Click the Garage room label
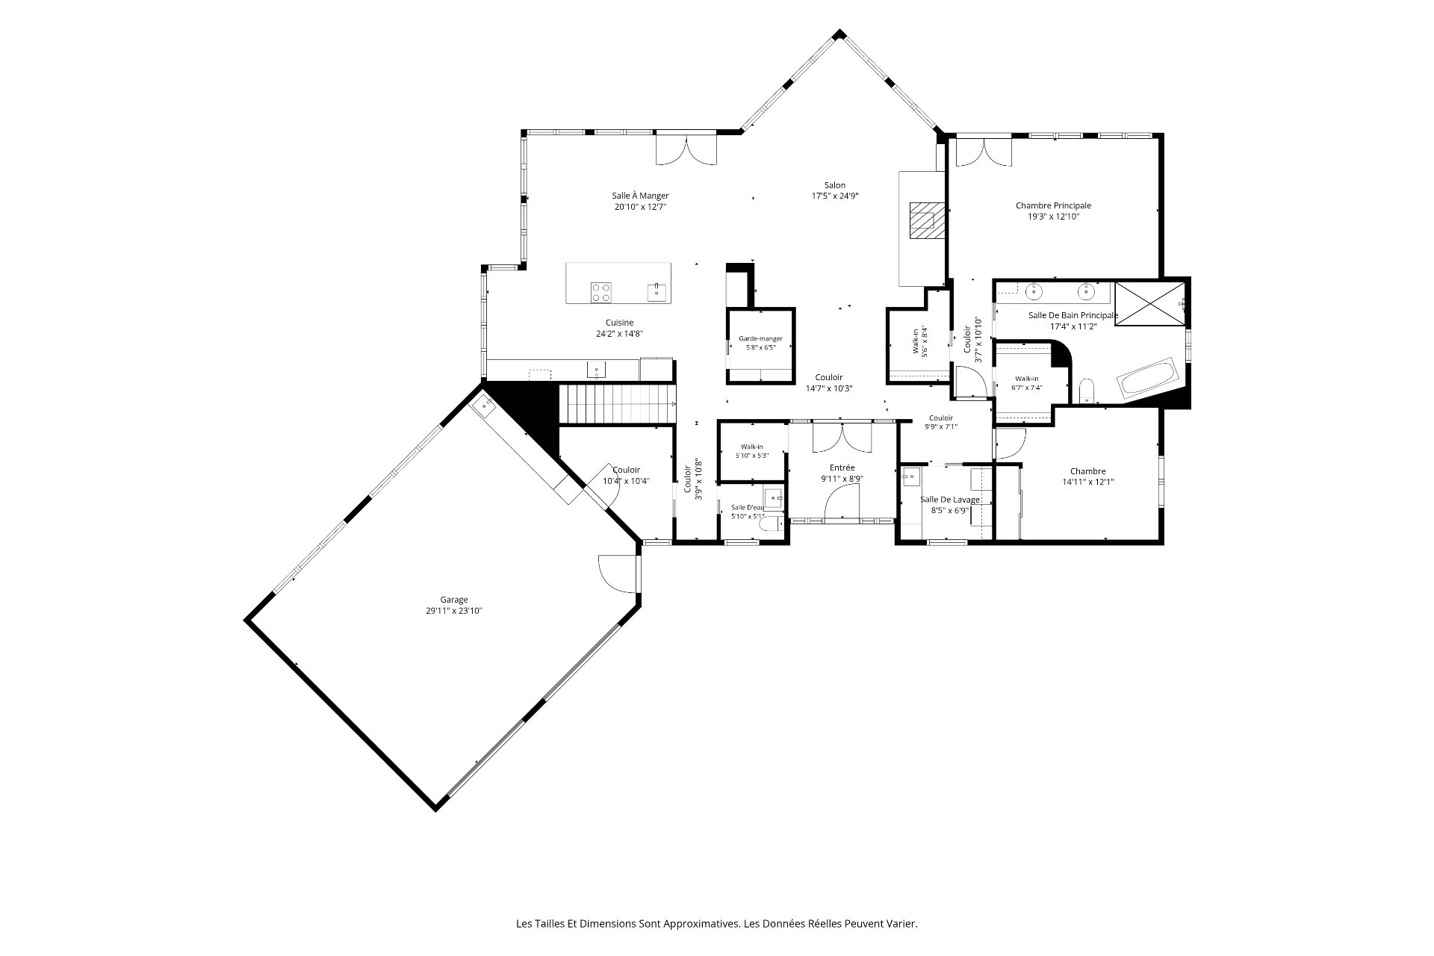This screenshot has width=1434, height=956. pyautogui.click(x=453, y=600)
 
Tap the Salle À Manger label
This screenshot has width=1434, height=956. pyautogui.click(x=640, y=196)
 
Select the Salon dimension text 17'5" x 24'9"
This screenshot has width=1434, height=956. pyautogui.click(x=835, y=196)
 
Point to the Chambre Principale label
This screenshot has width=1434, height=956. pyautogui.click(x=1053, y=205)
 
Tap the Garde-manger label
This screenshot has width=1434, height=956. pyautogui.click(x=760, y=338)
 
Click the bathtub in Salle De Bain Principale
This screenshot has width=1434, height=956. pyautogui.click(x=1147, y=379)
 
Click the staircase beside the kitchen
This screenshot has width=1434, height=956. pyautogui.click(x=618, y=403)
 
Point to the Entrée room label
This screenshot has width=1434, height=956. pyautogui.click(x=842, y=468)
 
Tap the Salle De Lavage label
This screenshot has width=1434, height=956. pyautogui.click(x=949, y=500)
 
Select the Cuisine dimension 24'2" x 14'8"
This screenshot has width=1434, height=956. pyautogui.click(x=619, y=334)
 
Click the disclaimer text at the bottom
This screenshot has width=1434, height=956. pyautogui.click(x=716, y=924)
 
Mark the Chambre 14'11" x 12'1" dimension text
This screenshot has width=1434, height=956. pyautogui.click(x=1087, y=482)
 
